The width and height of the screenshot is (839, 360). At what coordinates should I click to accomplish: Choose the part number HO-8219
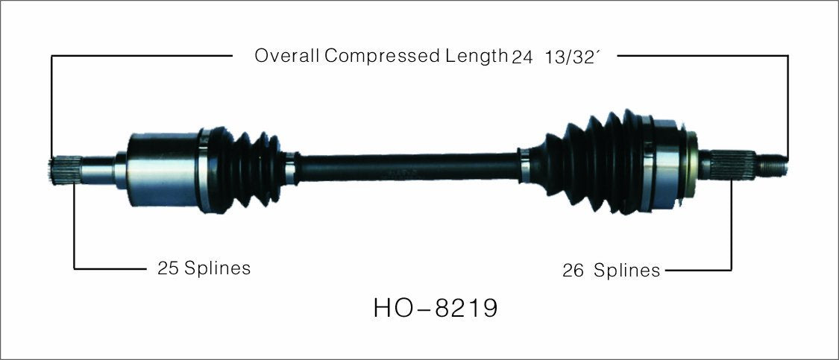click(436, 309)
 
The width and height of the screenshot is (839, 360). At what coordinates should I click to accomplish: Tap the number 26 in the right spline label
click(572, 270)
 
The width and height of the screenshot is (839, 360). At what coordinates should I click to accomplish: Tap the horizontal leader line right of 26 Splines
click(697, 270)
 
